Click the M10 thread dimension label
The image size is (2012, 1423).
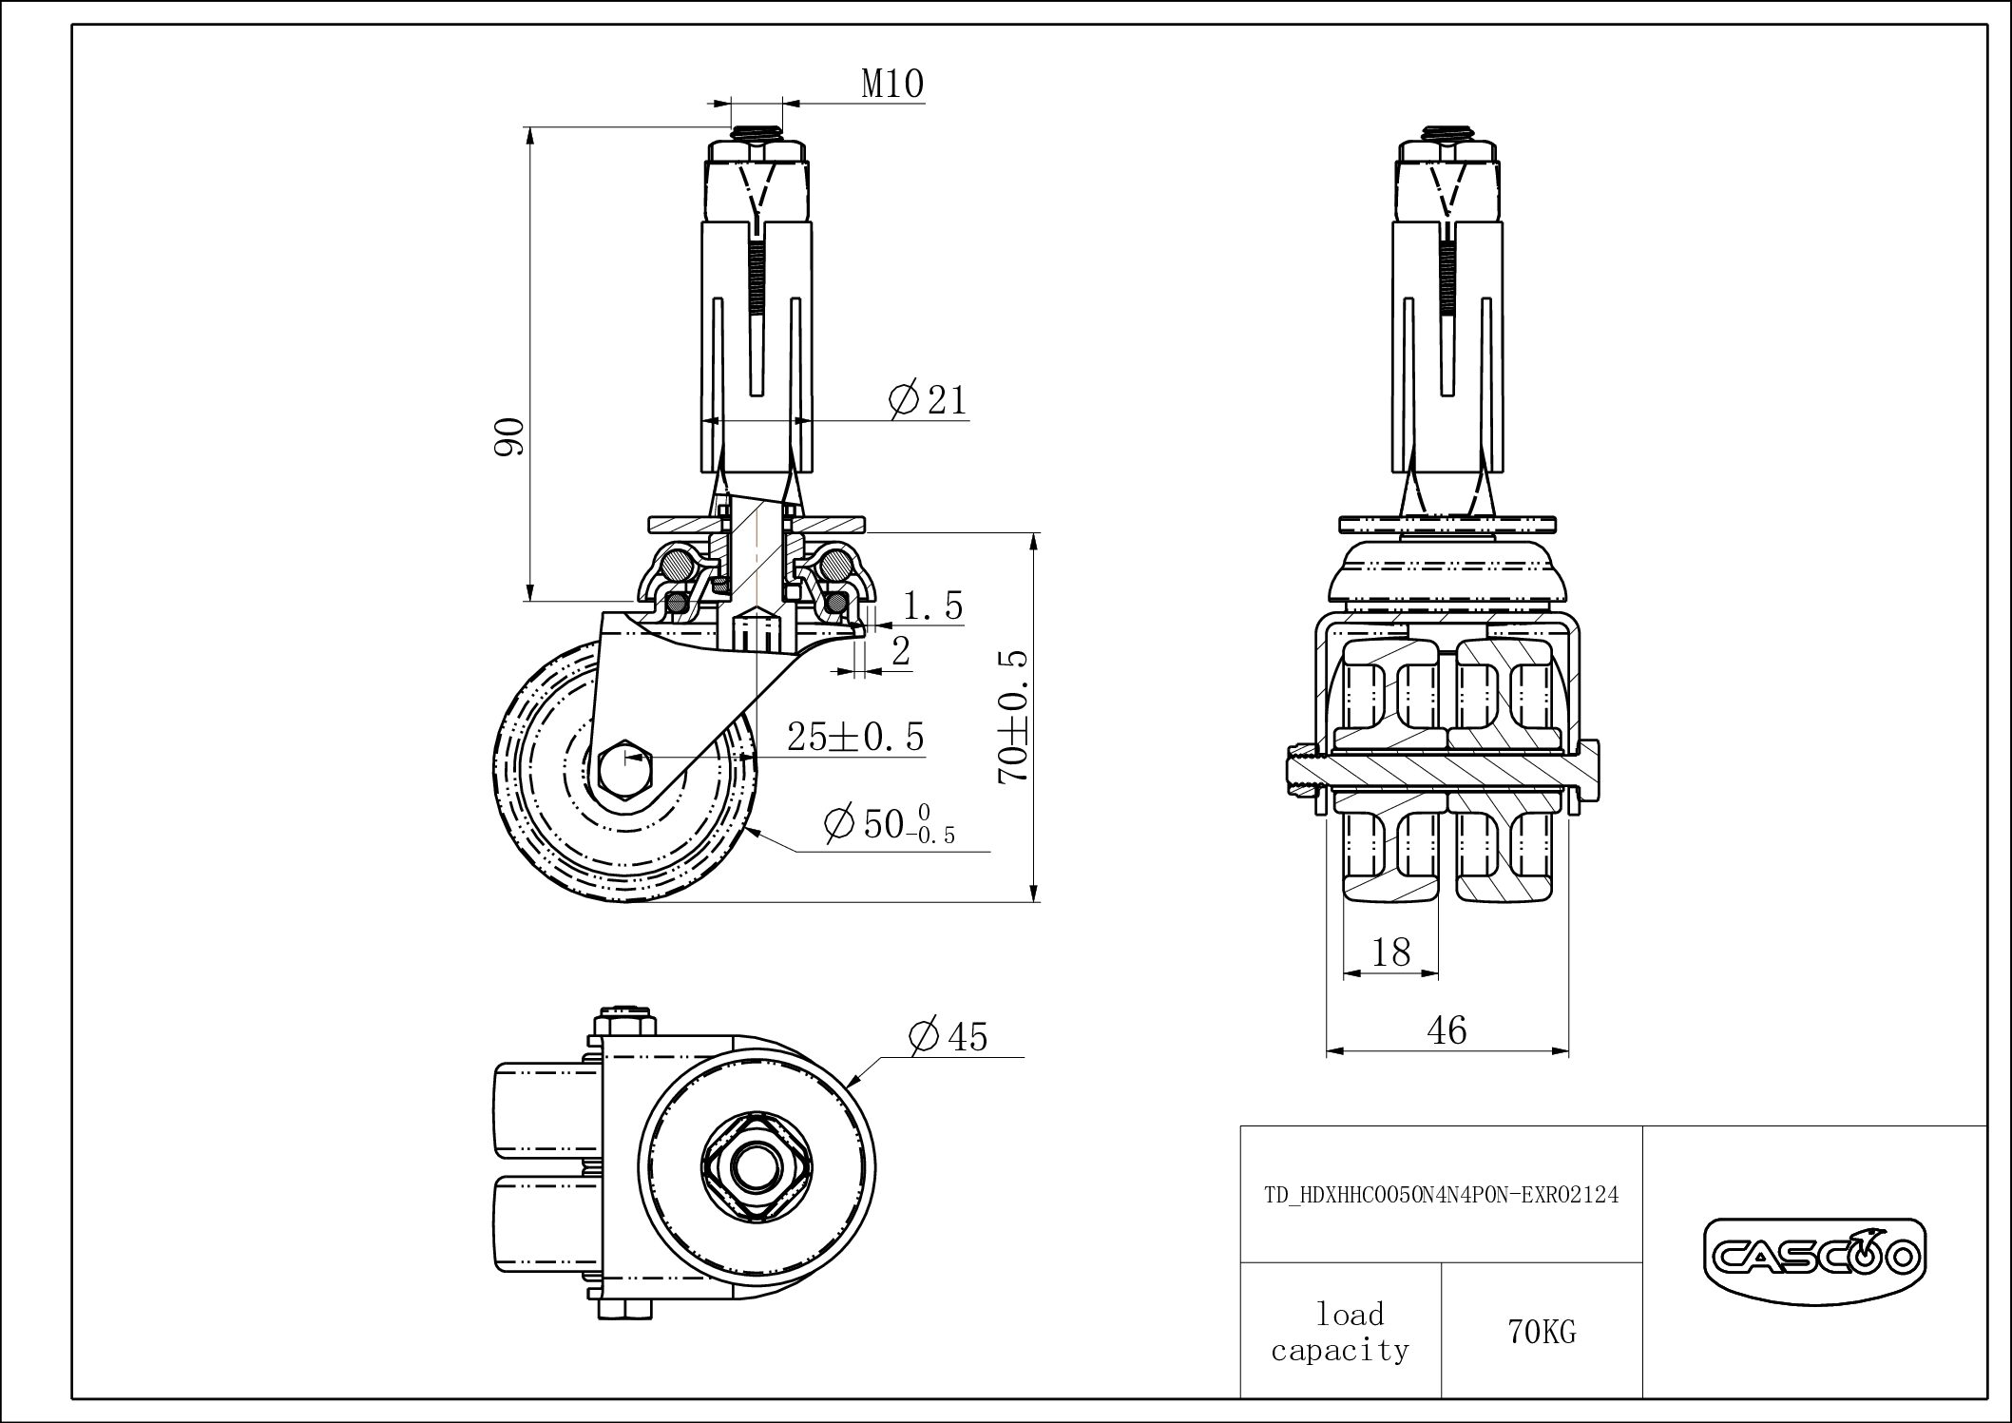tap(891, 85)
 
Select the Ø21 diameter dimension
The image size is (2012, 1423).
tap(928, 400)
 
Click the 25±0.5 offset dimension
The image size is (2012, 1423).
tap(855, 737)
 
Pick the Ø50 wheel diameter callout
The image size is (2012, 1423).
tap(889, 823)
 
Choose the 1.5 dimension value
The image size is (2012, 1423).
tap(932, 606)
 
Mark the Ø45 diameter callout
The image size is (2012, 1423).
tap(948, 1036)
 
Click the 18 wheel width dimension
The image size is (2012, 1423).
tap(1391, 952)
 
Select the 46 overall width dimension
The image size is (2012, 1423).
tap(1447, 1029)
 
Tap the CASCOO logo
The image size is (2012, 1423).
tap(1813, 1259)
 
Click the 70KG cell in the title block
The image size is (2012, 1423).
tap(1542, 1333)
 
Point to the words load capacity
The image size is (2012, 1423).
tap(1340, 1332)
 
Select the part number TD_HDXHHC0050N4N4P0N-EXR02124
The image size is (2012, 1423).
tap(1441, 1195)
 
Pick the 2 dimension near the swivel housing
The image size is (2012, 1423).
tap(901, 652)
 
